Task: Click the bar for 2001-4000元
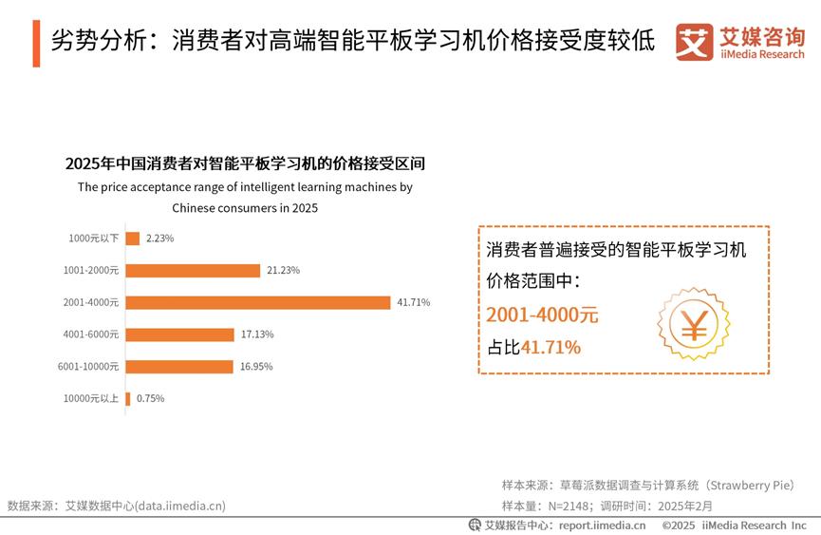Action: coord(257,302)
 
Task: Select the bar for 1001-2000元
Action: coord(193,270)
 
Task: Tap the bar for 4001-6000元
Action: coord(179,334)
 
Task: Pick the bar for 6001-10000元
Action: coord(179,366)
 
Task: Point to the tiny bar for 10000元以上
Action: coord(128,398)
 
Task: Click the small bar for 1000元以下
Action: coord(133,239)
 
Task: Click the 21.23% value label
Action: coord(283,270)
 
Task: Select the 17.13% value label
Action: coord(256,334)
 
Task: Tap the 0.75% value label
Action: coord(150,398)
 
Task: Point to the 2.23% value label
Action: coord(159,239)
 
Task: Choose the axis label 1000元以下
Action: coord(94,239)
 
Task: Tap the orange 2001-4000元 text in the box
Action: coord(542,315)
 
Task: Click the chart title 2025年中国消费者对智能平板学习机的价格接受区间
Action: coord(245,162)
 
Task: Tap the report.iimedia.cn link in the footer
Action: coord(602,525)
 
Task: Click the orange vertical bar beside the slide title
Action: coord(36,42)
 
